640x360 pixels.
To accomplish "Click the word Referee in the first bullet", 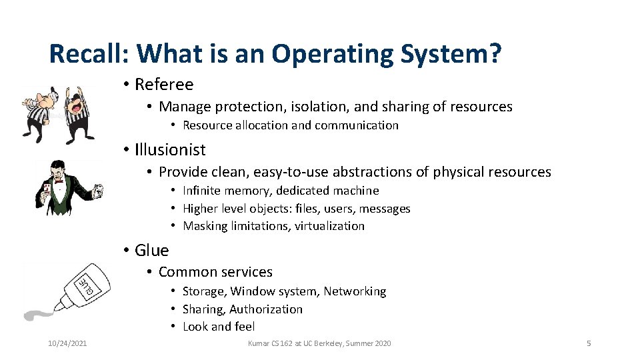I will pyautogui.click(x=164, y=85).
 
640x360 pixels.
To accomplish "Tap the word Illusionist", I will pyautogui.click(x=170, y=150).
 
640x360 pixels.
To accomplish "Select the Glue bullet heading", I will pyautogui.click(x=151, y=250).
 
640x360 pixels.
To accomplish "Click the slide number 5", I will pyautogui.click(x=589, y=343).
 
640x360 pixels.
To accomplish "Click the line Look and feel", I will pyautogui.click(x=219, y=327).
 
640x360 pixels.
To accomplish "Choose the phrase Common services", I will pyautogui.click(x=215, y=272).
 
